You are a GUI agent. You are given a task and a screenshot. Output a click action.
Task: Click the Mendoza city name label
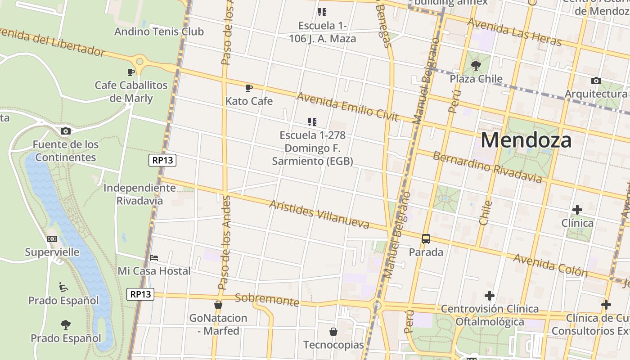526,140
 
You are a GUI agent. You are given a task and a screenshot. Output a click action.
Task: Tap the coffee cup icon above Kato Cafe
249,88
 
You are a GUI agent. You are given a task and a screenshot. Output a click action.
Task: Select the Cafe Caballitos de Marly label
131,92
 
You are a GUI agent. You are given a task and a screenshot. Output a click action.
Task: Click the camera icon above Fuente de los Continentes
66,131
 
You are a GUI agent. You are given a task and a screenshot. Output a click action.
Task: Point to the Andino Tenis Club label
159,31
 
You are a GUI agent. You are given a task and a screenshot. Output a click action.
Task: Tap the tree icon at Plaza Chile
476,66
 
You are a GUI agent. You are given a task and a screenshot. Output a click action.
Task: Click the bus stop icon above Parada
426,239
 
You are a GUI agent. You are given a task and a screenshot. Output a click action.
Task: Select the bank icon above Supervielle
52,239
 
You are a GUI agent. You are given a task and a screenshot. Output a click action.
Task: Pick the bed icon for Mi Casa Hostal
154,258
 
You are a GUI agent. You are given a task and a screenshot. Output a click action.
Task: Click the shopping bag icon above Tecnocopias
333,332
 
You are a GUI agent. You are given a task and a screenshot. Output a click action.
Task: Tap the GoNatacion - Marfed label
218,324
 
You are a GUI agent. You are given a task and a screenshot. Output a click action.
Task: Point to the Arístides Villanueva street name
319,214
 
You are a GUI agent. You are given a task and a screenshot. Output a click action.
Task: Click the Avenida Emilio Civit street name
347,107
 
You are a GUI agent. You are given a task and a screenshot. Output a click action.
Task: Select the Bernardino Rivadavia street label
487,167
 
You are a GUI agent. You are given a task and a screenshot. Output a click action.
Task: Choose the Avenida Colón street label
550,265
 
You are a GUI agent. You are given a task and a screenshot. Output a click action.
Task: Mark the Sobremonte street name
267,300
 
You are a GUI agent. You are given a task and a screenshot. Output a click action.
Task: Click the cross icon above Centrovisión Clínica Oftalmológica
490,296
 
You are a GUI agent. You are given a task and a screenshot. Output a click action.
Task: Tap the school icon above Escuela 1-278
312,121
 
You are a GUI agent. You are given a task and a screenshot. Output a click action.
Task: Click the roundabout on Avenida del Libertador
139,61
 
